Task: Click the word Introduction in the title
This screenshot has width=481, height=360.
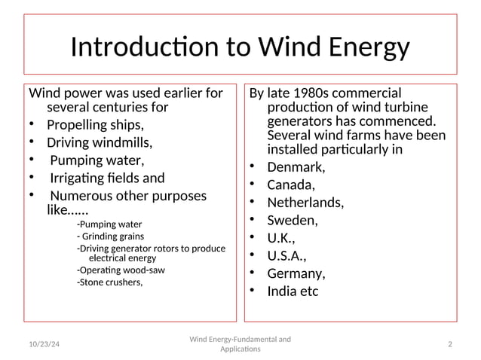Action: point(146,47)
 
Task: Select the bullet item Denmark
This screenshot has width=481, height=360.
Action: point(296,167)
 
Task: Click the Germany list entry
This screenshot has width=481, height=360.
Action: point(296,273)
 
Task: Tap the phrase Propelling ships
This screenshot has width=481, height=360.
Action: point(95,124)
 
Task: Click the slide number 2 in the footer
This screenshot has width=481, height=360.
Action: point(449,344)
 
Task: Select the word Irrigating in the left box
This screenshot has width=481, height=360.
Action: point(81,178)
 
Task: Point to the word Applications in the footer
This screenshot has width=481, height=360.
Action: point(240,349)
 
